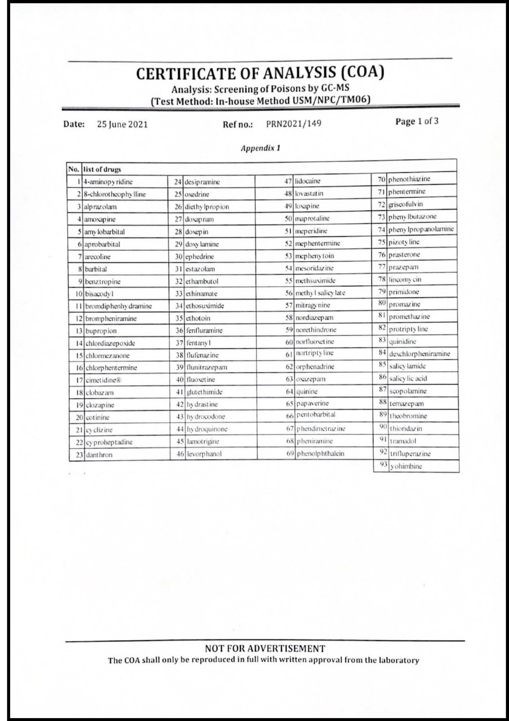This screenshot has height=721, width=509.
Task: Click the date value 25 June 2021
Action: pos(122,124)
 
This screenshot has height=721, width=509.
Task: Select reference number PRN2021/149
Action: pos(293,124)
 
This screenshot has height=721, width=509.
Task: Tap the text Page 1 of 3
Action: pos(417,121)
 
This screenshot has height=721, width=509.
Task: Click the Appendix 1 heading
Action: pos(260,148)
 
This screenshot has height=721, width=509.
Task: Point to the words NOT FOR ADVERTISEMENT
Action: pos(265,649)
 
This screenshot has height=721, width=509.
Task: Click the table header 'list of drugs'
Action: pos(102,169)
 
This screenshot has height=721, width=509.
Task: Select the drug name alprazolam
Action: pos(100,207)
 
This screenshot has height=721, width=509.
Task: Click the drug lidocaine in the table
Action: pos(307,181)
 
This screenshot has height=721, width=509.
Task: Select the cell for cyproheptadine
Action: pos(109,442)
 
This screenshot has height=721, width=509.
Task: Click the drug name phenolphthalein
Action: pos(320,454)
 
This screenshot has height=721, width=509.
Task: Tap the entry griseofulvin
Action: pos(405,204)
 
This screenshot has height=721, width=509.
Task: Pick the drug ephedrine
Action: pos(199,257)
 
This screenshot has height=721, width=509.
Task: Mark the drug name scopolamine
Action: pos(407,391)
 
